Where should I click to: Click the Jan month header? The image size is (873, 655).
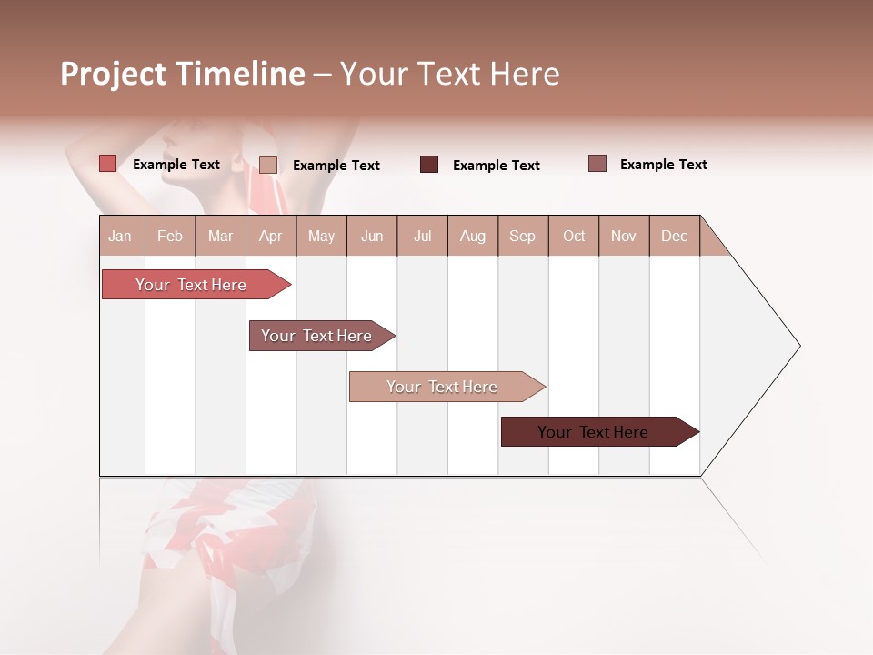click(x=120, y=236)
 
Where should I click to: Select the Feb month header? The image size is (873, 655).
click(x=170, y=236)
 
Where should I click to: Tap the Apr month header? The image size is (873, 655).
click(x=270, y=236)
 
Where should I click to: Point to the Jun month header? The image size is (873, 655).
click(x=372, y=236)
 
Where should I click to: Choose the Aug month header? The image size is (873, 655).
click(x=472, y=236)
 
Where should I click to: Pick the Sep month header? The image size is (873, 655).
click(x=522, y=236)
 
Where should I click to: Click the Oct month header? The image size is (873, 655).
click(x=574, y=236)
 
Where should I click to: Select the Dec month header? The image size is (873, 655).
click(x=674, y=236)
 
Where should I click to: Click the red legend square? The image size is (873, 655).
click(x=107, y=164)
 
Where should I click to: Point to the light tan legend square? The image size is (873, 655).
click(x=267, y=165)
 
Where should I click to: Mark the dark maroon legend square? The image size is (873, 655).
click(x=429, y=165)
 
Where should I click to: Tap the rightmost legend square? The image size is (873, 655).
click(x=597, y=164)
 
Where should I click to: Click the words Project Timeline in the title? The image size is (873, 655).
click(x=182, y=74)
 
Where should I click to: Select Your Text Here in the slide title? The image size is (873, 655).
click(x=449, y=74)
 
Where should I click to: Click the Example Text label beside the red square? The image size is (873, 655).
click(x=176, y=165)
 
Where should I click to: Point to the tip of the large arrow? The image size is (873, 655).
click(x=798, y=346)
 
